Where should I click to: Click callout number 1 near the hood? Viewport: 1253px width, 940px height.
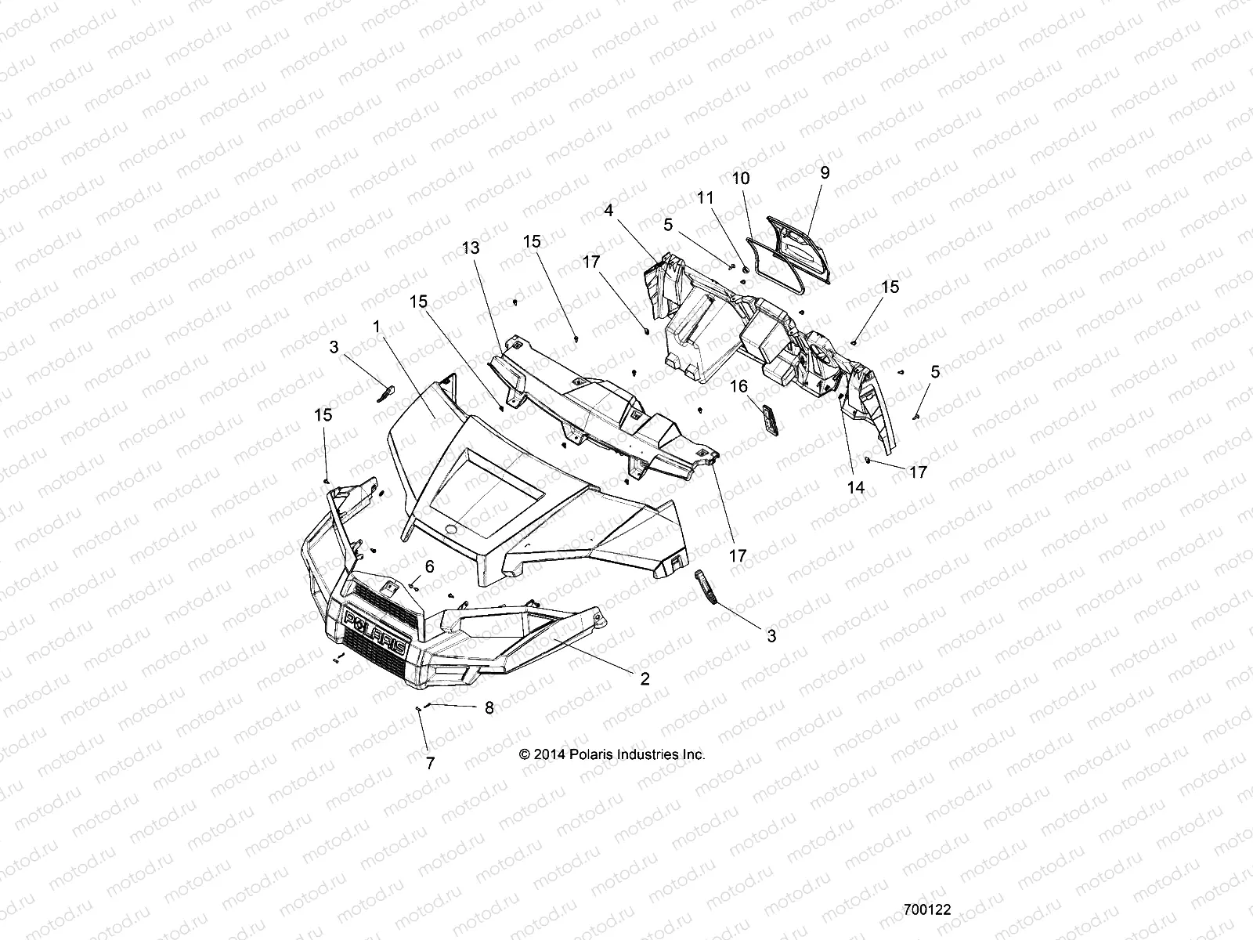point(377,326)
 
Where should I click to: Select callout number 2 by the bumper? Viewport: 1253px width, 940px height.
point(645,679)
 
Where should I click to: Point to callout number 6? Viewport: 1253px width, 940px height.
point(429,566)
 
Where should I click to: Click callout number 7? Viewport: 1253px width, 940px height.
point(430,764)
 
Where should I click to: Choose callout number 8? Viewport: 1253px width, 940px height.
point(489,707)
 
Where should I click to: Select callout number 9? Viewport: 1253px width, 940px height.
point(825,172)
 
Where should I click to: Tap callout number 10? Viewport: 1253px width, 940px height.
point(740,179)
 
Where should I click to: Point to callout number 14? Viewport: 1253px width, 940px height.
point(856,486)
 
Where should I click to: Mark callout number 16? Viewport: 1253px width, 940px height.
point(740,386)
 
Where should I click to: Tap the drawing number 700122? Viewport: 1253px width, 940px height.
point(926,910)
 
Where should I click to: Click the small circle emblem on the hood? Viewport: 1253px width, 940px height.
point(452,530)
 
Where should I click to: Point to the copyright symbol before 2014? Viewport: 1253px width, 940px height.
point(524,754)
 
